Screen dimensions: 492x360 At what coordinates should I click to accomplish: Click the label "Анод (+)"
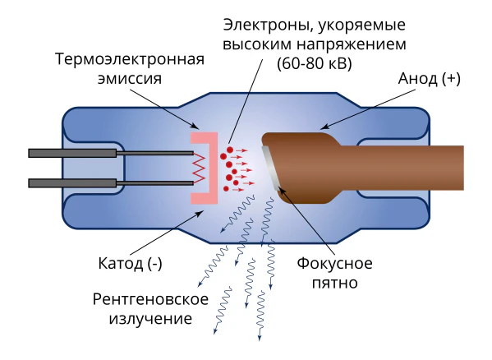click(430, 79)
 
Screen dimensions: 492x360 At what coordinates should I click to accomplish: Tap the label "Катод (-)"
click(131, 263)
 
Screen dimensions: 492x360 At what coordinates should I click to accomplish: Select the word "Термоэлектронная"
click(130, 58)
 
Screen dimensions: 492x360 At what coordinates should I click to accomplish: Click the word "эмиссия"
click(130, 78)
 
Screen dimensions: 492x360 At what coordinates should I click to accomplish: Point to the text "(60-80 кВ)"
click(315, 64)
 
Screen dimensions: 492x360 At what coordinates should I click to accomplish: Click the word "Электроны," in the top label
click(266, 25)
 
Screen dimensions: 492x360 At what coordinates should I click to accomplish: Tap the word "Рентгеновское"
click(150, 299)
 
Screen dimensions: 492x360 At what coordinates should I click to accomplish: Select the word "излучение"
click(150, 319)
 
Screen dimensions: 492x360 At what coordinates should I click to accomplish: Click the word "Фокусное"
click(335, 263)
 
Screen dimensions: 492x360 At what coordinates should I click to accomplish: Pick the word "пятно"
click(335, 283)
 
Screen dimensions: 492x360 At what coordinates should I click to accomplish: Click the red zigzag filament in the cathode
click(199, 168)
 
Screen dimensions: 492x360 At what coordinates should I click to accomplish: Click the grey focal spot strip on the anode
click(271, 168)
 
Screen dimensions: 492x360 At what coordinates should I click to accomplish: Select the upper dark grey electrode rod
click(111, 153)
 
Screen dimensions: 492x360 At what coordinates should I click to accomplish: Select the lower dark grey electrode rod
click(111, 183)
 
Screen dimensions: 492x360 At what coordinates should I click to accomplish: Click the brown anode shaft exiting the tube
click(402, 168)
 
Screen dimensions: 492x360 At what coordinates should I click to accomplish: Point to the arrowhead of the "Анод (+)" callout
click(323, 127)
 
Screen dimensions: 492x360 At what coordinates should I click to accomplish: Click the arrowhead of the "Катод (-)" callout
click(200, 213)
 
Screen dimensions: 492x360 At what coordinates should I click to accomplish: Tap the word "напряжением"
click(352, 45)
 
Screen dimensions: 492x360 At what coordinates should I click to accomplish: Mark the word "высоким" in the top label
click(257, 44)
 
